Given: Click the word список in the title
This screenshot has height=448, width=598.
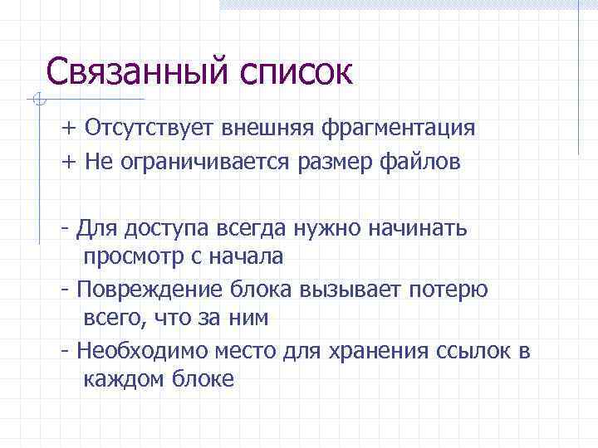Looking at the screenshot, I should [x=295, y=73].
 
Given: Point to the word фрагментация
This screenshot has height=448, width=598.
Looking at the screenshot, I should [x=402, y=129].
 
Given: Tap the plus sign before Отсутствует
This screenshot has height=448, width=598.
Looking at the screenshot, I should [x=67, y=129].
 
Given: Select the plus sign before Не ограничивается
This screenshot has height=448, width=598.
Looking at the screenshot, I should [x=67, y=163].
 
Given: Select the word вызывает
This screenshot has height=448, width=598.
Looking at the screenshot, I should [x=352, y=290].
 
